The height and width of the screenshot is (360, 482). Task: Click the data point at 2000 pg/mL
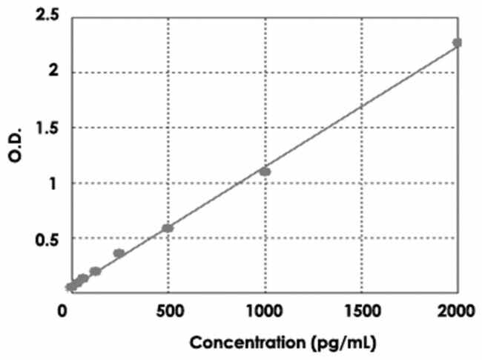(457, 43)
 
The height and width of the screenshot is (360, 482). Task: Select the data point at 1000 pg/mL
(265, 171)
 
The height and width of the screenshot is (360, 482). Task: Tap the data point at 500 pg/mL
(168, 228)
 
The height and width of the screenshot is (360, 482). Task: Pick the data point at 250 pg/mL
(119, 253)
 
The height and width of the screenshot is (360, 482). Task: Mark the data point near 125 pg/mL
(95, 271)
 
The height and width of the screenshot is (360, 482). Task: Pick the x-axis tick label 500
(169, 310)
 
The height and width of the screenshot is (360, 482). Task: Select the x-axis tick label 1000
(264, 310)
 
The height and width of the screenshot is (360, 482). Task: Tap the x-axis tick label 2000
(457, 310)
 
